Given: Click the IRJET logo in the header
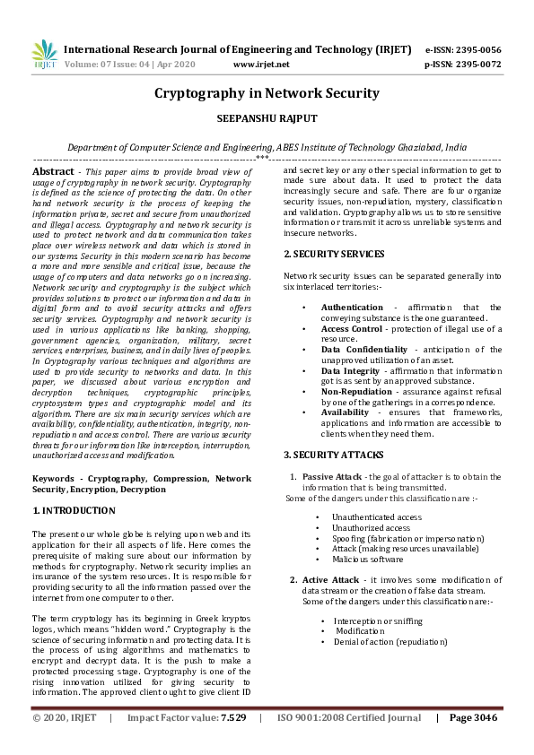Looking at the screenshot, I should coord(44,55).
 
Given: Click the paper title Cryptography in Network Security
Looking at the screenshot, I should coord(267,93).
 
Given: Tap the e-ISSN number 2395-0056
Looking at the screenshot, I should coord(477,49).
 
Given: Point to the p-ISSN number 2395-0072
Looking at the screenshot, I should coord(477,65).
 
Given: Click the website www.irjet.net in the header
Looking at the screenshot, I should coord(260,65).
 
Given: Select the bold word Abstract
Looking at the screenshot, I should coord(53,170).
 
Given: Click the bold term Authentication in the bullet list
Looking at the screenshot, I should coord(352,307).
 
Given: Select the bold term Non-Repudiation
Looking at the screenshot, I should coord(355,391).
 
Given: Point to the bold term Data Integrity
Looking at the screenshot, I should coord(349,370).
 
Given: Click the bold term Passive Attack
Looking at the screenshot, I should coord(330,476).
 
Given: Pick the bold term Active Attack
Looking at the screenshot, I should coord(329,580).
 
